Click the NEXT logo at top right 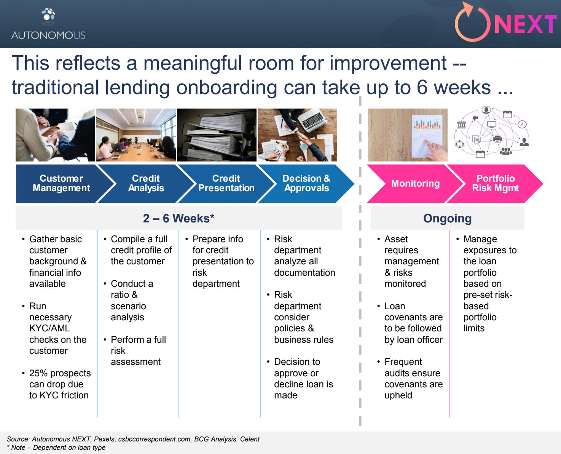point(505,23)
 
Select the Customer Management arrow point(61,184)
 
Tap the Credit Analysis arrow point(146,184)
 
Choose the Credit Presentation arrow point(226,184)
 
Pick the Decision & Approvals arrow point(306,184)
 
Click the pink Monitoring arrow point(415,184)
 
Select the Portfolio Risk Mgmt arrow point(495,184)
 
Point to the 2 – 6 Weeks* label point(178,219)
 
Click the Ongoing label point(447,219)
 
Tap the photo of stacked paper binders point(217,135)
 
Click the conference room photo point(136,135)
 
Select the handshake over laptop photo point(297,135)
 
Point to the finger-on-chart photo point(408,135)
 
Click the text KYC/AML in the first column point(49,328)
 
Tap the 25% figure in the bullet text point(38,373)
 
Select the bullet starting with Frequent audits point(413,379)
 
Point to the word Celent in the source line point(250,439)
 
